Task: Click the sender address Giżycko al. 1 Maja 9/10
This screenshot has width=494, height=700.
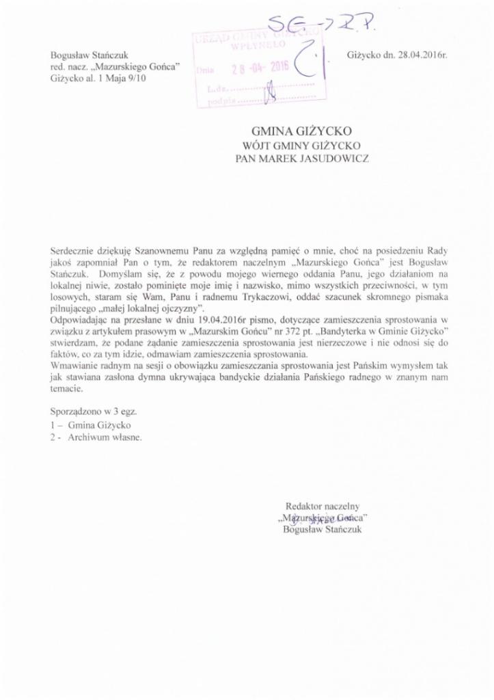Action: (97, 78)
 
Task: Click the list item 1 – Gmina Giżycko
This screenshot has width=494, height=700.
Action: (93, 426)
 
